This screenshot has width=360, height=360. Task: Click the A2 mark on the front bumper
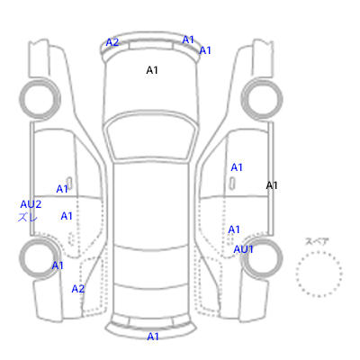[112, 42]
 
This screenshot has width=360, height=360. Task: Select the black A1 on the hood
[152, 70]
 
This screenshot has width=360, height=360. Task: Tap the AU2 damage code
[31, 204]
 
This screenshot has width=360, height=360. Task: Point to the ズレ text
[28, 217]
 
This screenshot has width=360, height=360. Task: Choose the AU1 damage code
[243, 249]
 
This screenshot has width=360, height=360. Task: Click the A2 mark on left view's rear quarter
[78, 289]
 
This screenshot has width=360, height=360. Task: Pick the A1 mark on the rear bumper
[153, 337]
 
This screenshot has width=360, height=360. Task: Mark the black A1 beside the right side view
[272, 185]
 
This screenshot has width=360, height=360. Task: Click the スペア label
[317, 241]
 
